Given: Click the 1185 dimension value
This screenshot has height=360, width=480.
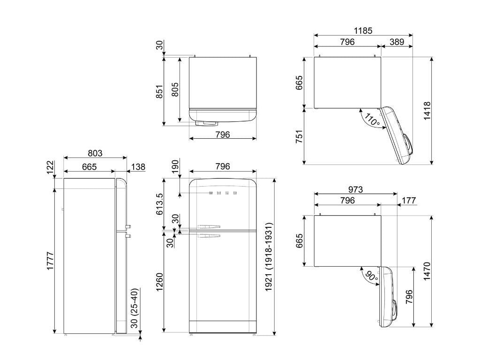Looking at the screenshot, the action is pyautogui.click(x=363, y=30).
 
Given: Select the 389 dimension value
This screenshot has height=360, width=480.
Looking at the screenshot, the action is pyautogui.click(x=397, y=42).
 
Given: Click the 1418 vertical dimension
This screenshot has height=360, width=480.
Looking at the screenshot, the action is pyautogui.click(x=427, y=111).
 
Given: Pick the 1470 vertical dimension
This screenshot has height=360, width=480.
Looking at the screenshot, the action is pyautogui.click(x=427, y=271).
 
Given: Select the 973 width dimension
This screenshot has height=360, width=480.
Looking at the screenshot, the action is pyautogui.click(x=355, y=189).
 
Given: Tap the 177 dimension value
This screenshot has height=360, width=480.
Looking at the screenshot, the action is pyautogui.click(x=409, y=201).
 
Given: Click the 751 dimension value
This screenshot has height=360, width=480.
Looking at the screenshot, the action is pyautogui.click(x=299, y=136).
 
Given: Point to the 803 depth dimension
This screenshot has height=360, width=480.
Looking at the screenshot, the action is pyautogui.click(x=95, y=153).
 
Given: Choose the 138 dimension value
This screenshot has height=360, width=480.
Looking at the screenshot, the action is pyautogui.click(x=138, y=167).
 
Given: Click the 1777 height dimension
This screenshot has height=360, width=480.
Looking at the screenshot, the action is pyautogui.click(x=50, y=261).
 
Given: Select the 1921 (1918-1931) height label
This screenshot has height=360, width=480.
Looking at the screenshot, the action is pyautogui.click(x=269, y=257).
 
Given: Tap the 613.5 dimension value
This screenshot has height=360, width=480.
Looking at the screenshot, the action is pyautogui.click(x=160, y=204).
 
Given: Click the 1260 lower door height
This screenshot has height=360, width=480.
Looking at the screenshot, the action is pyautogui.click(x=160, y=282).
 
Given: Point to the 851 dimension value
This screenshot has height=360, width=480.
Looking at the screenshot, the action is pyautogui.click(x=160, y=91).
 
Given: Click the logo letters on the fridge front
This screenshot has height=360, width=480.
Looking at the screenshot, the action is pyautogui.click(x=223, y=193).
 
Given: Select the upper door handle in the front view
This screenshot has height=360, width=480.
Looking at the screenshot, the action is pyautogui.click(x=209, y=227).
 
